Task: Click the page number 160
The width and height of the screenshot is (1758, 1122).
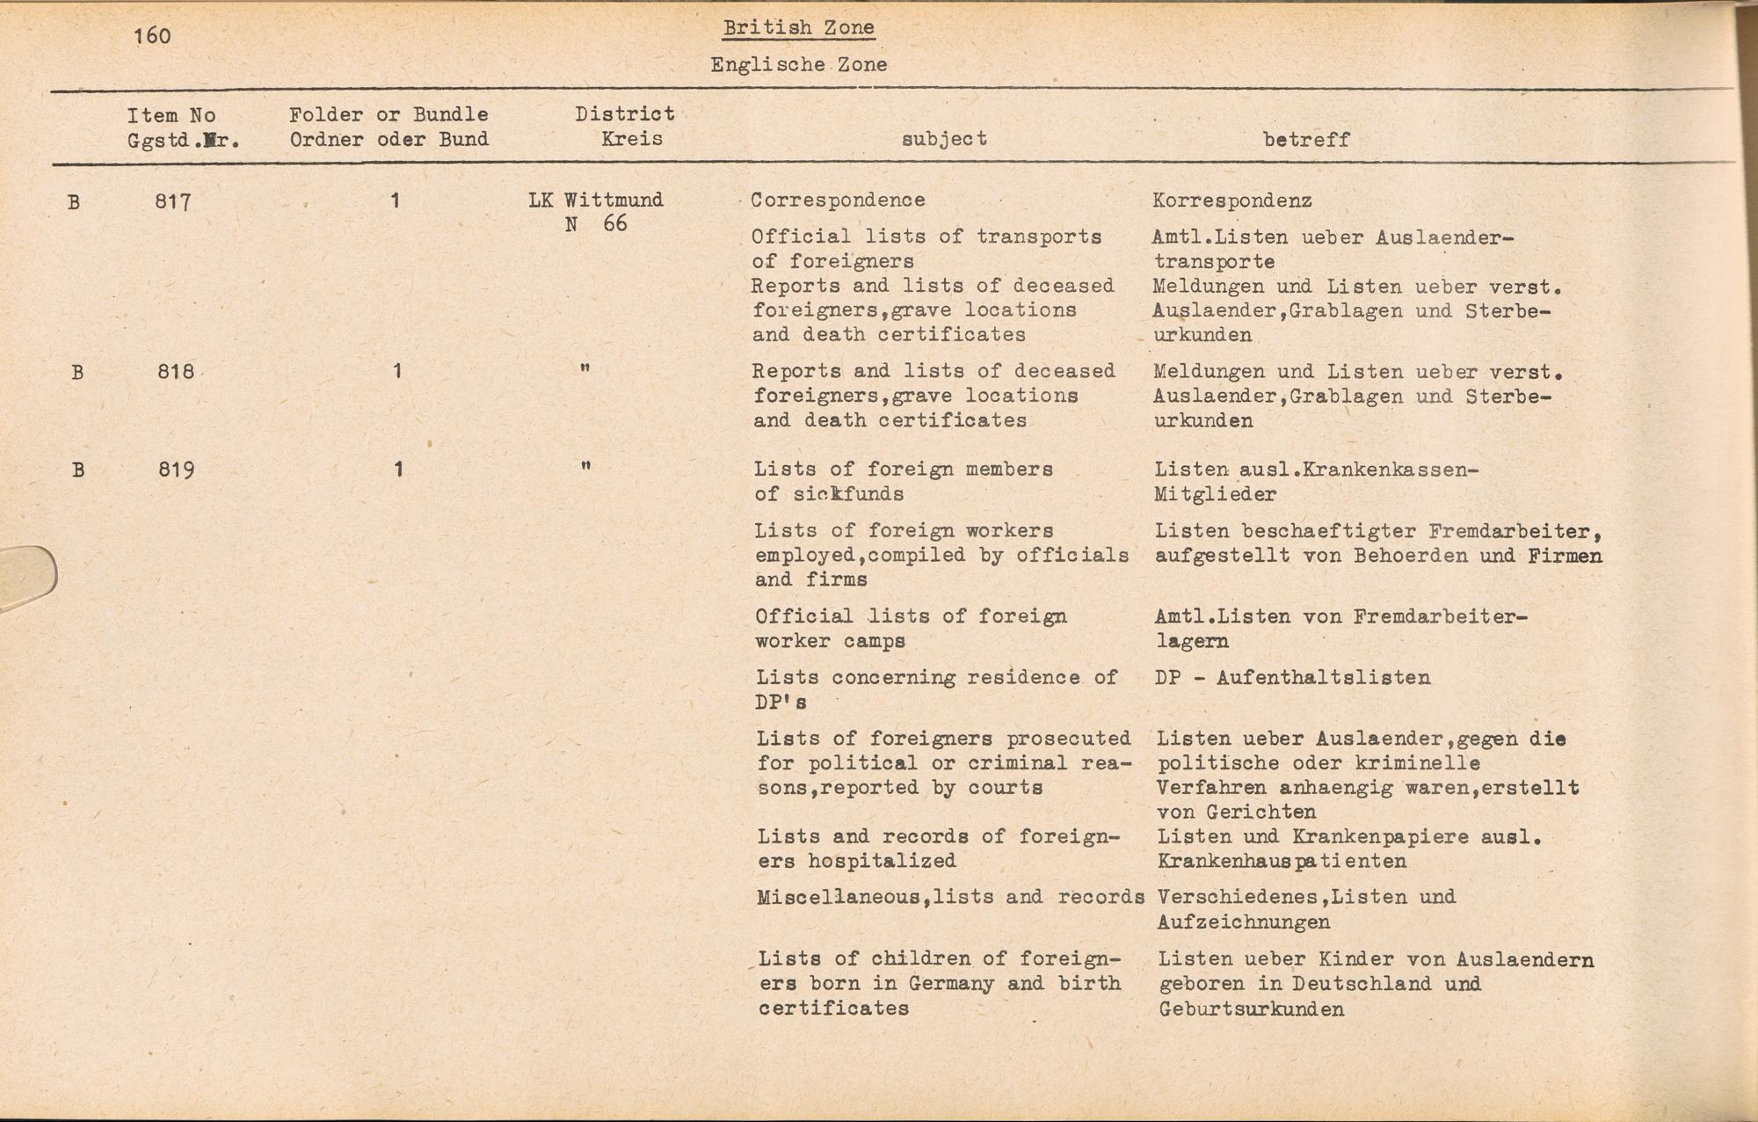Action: [x=152, y=36]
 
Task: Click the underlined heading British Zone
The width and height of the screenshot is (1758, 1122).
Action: [x=798, y=27]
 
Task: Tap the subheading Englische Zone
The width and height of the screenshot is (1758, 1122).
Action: [x=798, y=65]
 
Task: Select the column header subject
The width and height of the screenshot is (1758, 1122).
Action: [x=944, y=139]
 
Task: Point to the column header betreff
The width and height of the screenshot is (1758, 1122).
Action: [x=1305, y=140]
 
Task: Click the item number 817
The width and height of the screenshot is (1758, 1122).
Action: [x=173, y=202]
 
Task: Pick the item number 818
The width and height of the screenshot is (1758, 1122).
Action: [x=176, y=372]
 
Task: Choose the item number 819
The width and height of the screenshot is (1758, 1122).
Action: [x=177, y=470]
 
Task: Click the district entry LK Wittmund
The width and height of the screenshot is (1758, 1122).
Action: [x=596, y=200]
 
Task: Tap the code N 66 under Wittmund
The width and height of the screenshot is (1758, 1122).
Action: [x=596, y=224]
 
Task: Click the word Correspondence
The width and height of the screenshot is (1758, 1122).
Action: [x=838, y=200]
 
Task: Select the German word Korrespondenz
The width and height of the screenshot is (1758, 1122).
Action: [x=1231, y=200]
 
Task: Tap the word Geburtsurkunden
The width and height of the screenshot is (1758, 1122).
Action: [x=1251, y=1009]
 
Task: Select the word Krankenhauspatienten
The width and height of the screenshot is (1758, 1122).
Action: [x=1282, y=862]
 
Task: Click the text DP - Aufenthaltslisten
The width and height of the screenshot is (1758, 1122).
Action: [x=1292, y=678]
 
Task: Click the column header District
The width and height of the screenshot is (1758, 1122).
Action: [x=625, y=114]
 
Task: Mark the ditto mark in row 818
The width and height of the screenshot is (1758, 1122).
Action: [x=585, y=369]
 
